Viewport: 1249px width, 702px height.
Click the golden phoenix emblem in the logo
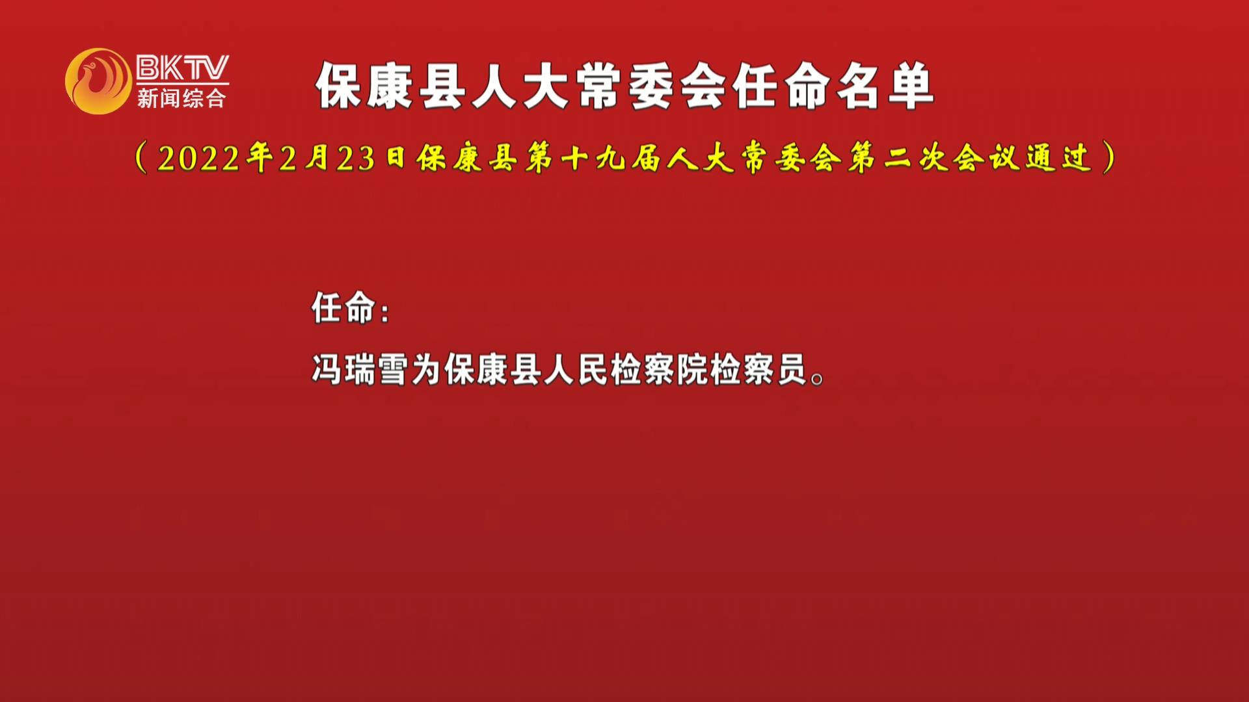(x=98, y=81)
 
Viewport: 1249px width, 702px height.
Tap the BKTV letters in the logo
(x=183, y=67)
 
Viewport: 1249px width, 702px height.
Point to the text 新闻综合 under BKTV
(x=181, y=98)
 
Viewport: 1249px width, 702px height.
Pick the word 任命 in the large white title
(x=781, y=86)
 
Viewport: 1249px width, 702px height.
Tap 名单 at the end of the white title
(x=885, y=86)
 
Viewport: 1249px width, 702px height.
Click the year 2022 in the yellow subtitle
(x=198, y=159)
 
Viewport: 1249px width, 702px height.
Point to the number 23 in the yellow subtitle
(x=356, y=159)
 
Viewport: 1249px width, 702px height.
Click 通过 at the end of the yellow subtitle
(x=1058, y=159)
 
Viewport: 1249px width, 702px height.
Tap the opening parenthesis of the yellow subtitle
(x=141, y=159)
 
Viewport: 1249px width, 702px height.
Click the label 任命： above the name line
(x=351, y=307)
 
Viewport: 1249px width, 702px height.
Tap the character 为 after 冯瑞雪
(x=427, y=370)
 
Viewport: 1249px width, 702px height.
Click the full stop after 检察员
(x=818, y=379)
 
